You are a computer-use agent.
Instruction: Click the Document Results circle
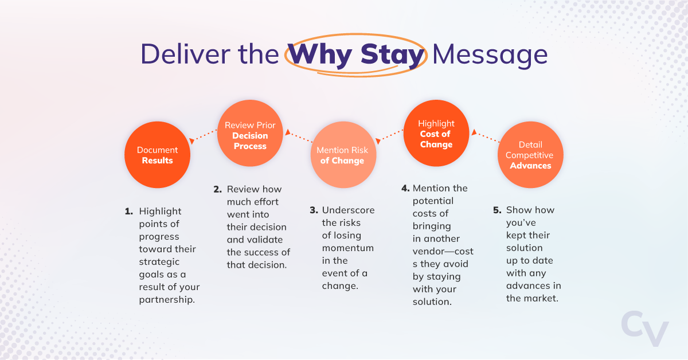pos(157,155)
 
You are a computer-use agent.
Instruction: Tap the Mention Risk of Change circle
pos(342,155)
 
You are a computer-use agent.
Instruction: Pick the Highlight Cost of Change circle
pos(436,134)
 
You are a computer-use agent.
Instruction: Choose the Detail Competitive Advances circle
pos(530,155)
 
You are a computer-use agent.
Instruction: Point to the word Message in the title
pos(490,55)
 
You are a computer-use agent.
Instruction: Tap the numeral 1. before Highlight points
pos(129,211)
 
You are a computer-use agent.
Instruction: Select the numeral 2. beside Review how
pos(217,189)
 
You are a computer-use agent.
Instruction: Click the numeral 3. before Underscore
pos(313,210)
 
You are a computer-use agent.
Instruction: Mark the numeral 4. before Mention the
pos(405,189)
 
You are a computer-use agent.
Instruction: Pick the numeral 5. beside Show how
pos(497,210)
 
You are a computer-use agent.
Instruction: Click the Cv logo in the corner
pos(645,330)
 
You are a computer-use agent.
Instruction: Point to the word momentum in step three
pos(347,248)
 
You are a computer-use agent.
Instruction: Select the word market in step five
pos(541,298)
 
